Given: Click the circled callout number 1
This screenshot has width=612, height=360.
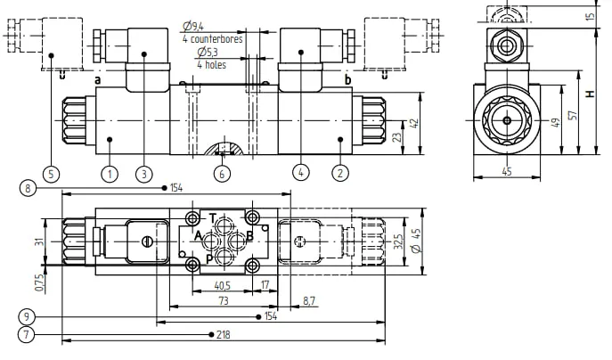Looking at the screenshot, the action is pos(110,174).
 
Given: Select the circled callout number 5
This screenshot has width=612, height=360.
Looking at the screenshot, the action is pos(51,174).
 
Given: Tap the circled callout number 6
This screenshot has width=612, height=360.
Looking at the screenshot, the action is pos(222,174).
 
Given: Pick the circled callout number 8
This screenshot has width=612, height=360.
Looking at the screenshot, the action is pos(28,189).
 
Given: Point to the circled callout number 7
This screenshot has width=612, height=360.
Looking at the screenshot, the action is pos(26,335).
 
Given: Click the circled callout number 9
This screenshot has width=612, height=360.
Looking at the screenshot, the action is pos(26,315).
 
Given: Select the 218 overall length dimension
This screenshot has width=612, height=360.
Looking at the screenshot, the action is pos(224,335).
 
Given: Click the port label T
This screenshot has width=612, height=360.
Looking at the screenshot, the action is pos(212,218).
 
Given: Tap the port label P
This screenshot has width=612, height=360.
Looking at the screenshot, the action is pos(209,259).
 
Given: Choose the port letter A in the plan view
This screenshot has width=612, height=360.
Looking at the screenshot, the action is pos(198,236).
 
